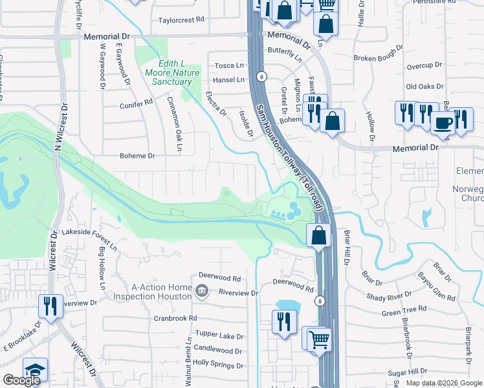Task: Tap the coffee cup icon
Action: [443, 122]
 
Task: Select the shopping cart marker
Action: [318, 338]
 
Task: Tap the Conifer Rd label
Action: [136, 103]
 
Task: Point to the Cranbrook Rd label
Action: [175, 318]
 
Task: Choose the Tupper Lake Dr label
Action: [220, 337]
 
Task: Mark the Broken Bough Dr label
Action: [379, 58]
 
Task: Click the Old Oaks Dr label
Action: [424, 86]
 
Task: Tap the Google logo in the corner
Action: [21, 380]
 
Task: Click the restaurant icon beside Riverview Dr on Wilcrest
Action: [50, 305]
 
